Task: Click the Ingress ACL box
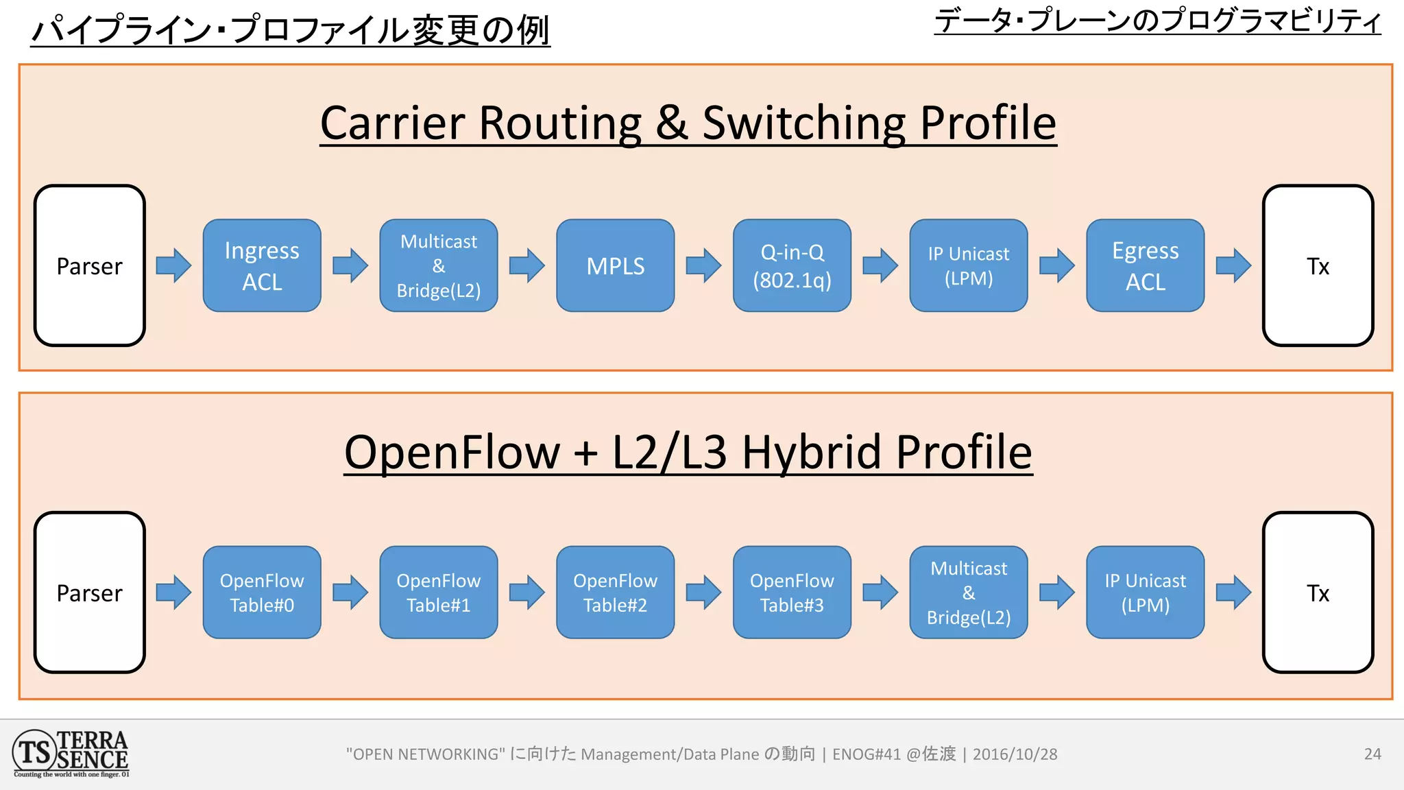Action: (262, 266)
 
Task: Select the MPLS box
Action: (615, 266)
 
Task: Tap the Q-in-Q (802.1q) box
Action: (792, 266)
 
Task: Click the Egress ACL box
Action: (1145, 266)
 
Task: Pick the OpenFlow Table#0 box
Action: (262, 592)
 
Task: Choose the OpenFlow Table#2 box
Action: (615, 592)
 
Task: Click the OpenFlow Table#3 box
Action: (792, 592)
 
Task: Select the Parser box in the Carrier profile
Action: (89, 266)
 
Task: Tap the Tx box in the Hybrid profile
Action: (1318, 592)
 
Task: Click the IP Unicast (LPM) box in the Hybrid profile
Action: (1145, 592)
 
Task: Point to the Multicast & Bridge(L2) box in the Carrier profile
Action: (439, 266)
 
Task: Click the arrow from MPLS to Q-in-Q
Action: (704, 266)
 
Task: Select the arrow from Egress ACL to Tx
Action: (1233, 266)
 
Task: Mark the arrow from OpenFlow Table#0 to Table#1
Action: (350, 592)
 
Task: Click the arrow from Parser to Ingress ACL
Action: (173, 266)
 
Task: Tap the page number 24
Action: (1372, 754)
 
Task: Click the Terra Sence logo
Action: (71, 754)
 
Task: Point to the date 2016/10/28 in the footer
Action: (1015, 754)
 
